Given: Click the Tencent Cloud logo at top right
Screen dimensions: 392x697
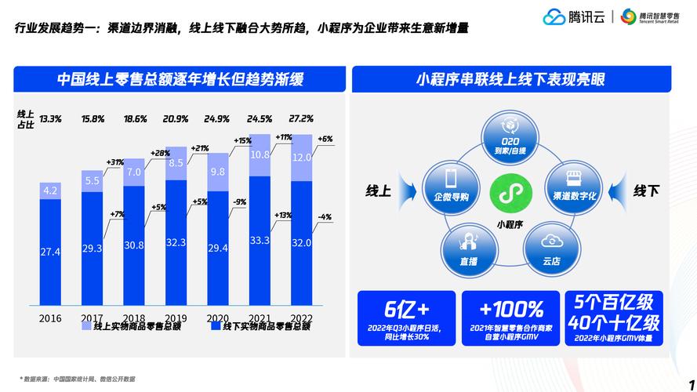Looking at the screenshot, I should click(574, 16).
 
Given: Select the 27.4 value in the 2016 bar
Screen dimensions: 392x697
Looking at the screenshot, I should click(50, 252).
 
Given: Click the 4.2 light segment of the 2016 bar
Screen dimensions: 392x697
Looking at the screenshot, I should click(50, 191).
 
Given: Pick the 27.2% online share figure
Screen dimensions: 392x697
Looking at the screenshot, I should click(301, 119).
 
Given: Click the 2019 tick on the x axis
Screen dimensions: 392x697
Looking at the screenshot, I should click(176, 318).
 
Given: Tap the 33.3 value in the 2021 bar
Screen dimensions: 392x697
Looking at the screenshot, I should click(260, 241).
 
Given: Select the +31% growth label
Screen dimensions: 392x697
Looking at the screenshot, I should click(114, 162).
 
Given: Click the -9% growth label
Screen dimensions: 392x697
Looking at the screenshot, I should click(240, 201).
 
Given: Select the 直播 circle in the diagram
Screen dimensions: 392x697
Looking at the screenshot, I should click(469, 247).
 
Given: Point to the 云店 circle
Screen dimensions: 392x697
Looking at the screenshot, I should click(551, 247).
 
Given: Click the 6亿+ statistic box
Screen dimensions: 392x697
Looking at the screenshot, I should click(406, 318).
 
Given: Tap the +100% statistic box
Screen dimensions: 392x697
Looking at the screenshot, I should click(510, 318).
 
